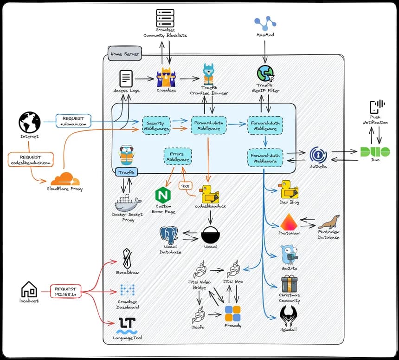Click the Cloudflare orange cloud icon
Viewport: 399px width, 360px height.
[x=65, y=179]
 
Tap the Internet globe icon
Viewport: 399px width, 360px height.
[x=30, y=122]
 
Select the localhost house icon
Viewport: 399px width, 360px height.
[x=29, y=289]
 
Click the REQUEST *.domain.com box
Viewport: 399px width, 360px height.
[x=74, y=121]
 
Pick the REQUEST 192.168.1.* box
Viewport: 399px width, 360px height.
[x=66, y=291]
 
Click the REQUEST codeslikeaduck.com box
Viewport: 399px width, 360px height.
[x=31, y=160]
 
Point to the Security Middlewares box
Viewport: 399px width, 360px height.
[x=156, y=125]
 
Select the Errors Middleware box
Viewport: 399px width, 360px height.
[x=178, y=157]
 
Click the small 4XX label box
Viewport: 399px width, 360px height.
[x=186, y=186]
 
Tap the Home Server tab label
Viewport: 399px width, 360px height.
[x=125, y=53]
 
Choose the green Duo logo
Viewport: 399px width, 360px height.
[x=375, y=152]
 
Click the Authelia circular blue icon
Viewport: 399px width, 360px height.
[x=318, y=155]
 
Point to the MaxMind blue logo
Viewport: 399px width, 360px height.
[x=265, y=23]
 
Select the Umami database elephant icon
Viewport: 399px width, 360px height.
[x=169, y=235]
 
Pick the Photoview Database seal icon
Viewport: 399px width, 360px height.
[x=329, y=222]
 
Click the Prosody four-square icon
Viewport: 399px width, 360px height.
[x=232, y=314]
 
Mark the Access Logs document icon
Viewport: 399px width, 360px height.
[x=126, y=79]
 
